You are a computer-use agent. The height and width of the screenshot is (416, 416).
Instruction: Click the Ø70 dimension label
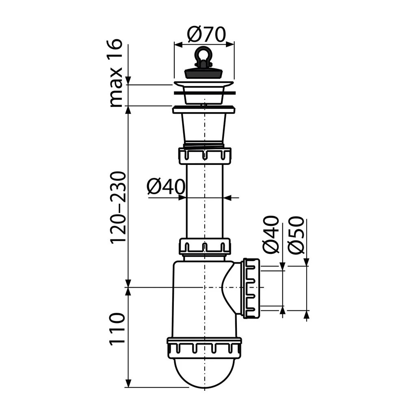point(206,35)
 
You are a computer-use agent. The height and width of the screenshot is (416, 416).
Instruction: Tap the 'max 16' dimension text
point(116,73)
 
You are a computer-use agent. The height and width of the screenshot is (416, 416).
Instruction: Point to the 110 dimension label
point(117,328)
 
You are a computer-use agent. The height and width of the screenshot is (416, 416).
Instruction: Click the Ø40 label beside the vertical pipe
point(166,187)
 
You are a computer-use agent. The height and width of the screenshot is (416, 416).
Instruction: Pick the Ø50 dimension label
point(296,235)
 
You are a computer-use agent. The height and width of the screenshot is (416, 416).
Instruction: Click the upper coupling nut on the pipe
point(204,156)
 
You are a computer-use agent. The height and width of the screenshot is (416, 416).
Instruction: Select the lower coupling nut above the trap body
point(205,246)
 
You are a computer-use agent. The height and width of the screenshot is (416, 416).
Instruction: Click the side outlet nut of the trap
point(251,288)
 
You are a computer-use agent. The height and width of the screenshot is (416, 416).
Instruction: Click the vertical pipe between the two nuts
point(205,201)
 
